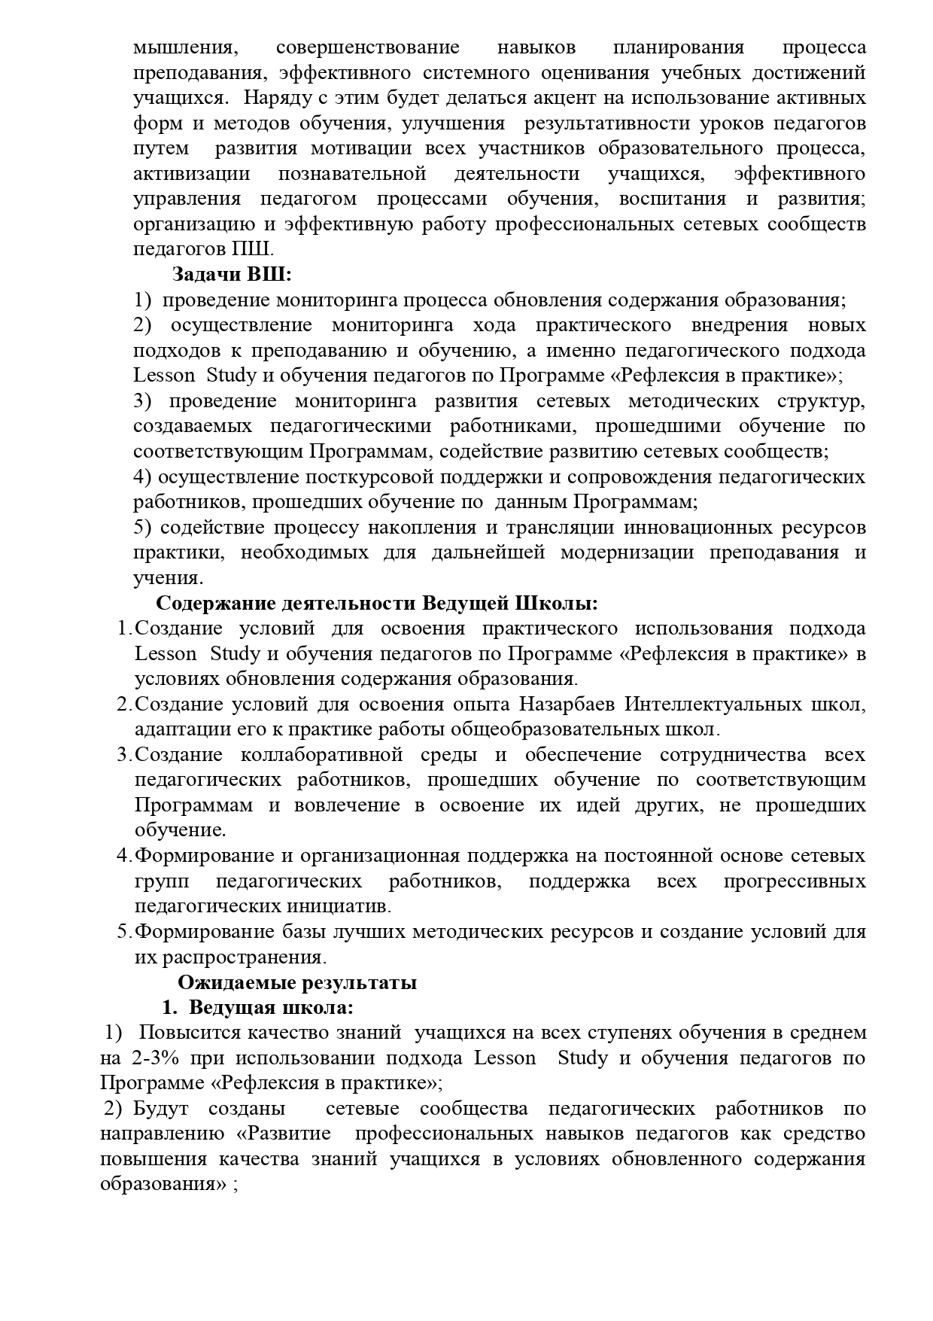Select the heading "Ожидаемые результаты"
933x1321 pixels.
pos(297,983)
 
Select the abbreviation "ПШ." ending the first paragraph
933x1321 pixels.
pos(257,249)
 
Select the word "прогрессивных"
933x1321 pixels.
pos(794,881)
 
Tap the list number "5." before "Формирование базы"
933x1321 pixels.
pos(125,932)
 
